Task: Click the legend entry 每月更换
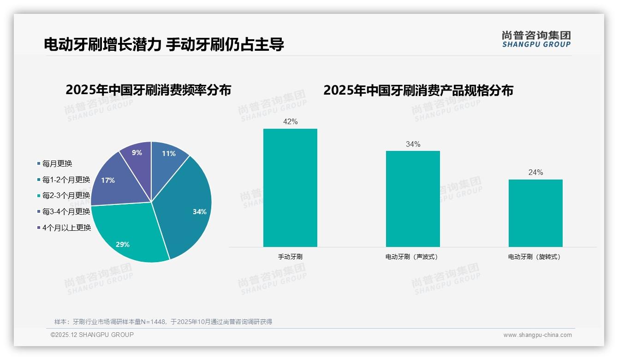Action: point(57,163)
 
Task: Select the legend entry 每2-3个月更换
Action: point(66,196)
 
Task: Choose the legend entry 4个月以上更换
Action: point(66,228)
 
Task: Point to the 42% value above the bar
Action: point(290,122)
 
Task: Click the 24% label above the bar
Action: point(535,173)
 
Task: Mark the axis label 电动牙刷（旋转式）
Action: point(535,257)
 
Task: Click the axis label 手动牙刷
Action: point(290,257)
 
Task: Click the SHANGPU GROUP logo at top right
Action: point(536,39)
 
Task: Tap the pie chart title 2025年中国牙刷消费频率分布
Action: point(148,90)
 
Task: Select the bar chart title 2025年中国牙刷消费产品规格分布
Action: point(418,90)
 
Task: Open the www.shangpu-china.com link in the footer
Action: point(537,335)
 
